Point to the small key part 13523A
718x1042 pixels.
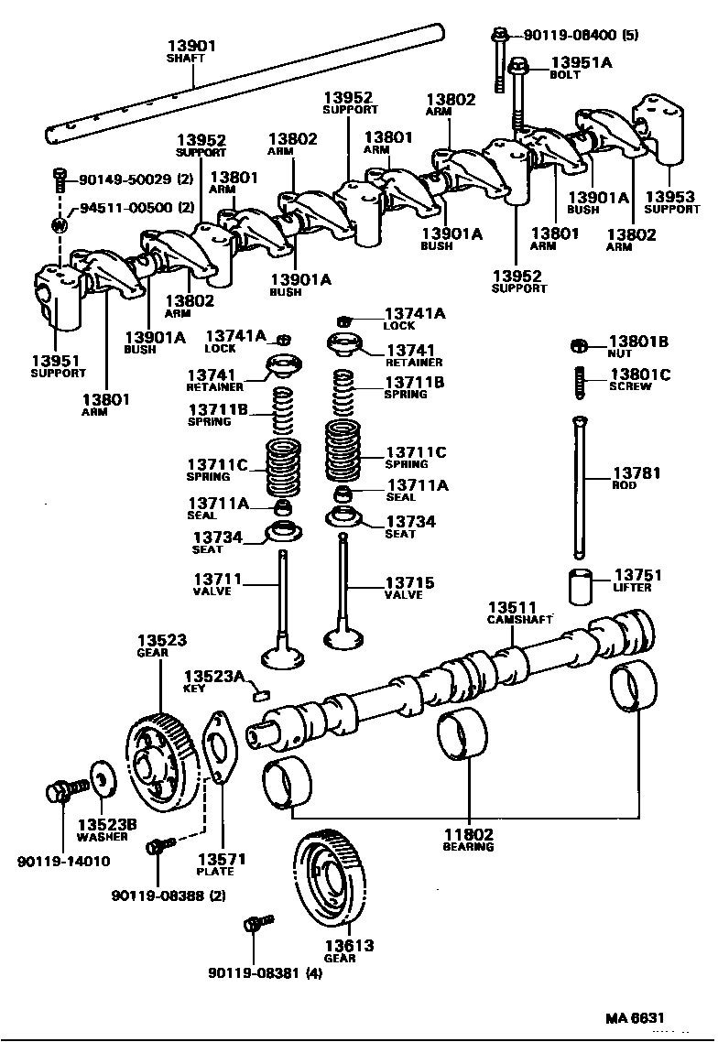pos(259,694)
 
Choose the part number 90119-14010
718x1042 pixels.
pos(63,861)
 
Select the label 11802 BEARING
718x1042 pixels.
pos(469,840)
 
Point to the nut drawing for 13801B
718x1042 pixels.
pos(578,345)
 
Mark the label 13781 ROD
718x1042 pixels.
pos(636,478)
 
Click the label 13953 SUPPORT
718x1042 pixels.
pos(672,201)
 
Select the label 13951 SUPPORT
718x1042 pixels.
pos(58,366)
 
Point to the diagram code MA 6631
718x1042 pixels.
pos(633,1017)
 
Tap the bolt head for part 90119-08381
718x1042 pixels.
pos(251,925)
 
